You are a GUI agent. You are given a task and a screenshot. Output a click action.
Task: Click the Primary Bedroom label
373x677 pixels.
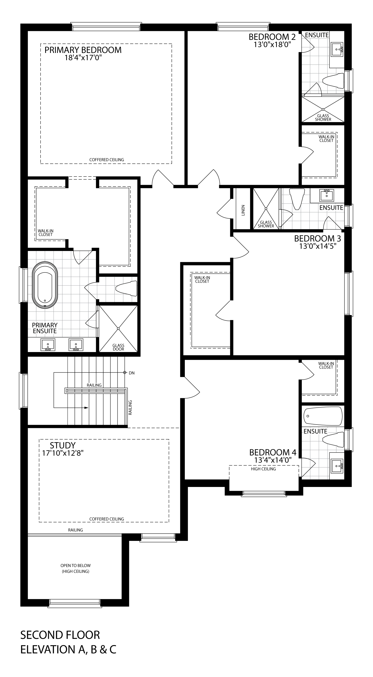(x=83, y=50)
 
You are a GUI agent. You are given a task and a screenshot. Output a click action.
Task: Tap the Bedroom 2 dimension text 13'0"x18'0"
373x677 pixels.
(x=273, y=45)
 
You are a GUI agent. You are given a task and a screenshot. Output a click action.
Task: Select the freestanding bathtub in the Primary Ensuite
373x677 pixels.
(x=45, y=285)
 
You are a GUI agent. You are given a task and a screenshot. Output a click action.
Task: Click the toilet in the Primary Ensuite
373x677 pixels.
(x=126, y=288)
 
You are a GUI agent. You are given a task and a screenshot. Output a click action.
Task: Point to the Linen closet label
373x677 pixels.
(x=243, y=210)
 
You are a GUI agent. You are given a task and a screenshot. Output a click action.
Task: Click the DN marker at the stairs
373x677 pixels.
(x=132, y=373)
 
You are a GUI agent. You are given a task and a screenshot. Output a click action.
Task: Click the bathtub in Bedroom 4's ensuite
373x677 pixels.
(x=323, y=416)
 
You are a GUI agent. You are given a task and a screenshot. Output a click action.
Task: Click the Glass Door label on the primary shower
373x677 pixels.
(x=118, y=347)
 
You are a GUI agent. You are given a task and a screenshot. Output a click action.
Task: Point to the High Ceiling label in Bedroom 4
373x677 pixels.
(x=264, y=469)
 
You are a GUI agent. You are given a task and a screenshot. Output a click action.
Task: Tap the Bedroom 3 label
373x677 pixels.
(x=318, y=238)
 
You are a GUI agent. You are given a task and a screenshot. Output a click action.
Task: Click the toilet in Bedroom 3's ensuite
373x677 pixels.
(x=297, y=199)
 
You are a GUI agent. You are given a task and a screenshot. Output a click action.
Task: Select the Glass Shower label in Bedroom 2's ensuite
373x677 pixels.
(x=323, y=118)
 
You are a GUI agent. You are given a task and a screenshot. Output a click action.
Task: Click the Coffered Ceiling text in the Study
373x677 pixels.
(x=107, y=519)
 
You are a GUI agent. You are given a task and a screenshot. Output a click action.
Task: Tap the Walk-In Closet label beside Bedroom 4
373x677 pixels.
(x=326, y=365)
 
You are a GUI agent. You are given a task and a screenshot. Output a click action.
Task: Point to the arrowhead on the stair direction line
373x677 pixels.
(x=86, y=408)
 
